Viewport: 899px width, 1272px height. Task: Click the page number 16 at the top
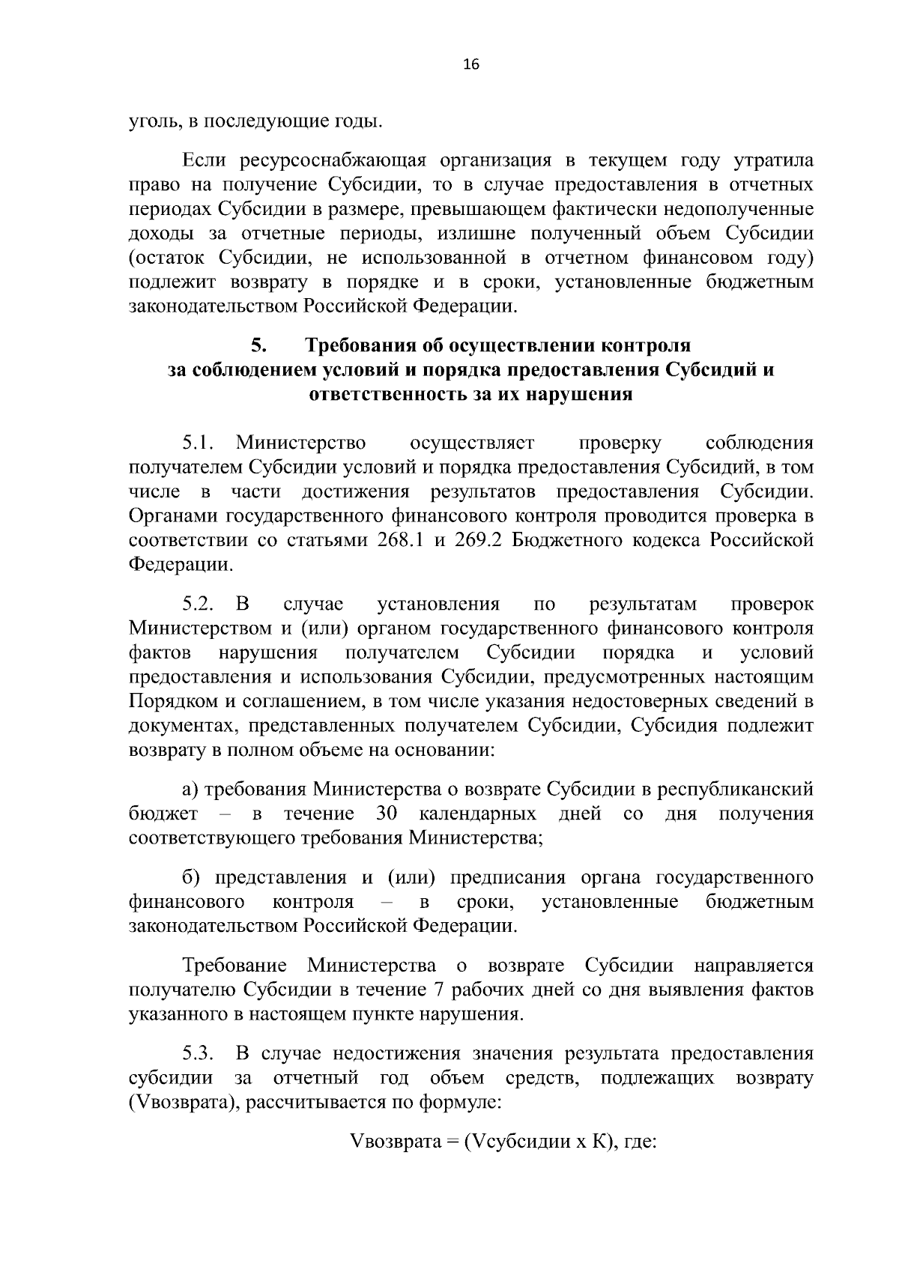pyautogui.click(x=471, y=64)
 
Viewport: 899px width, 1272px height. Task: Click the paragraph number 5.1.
pyautogui.click(x=199, y=443)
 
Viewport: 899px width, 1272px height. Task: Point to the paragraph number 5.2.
pyautogui.click(x=199, y=605)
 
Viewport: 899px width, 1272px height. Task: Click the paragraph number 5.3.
pyautogui.click(x=199, y=1054)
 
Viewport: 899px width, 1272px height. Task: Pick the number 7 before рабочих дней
pyautogui.click(x=439, y=990)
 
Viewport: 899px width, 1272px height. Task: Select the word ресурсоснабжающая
pyautogui.click(x=333, y=161)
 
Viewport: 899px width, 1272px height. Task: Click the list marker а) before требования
pyautogui.click(x=190, y=790)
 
